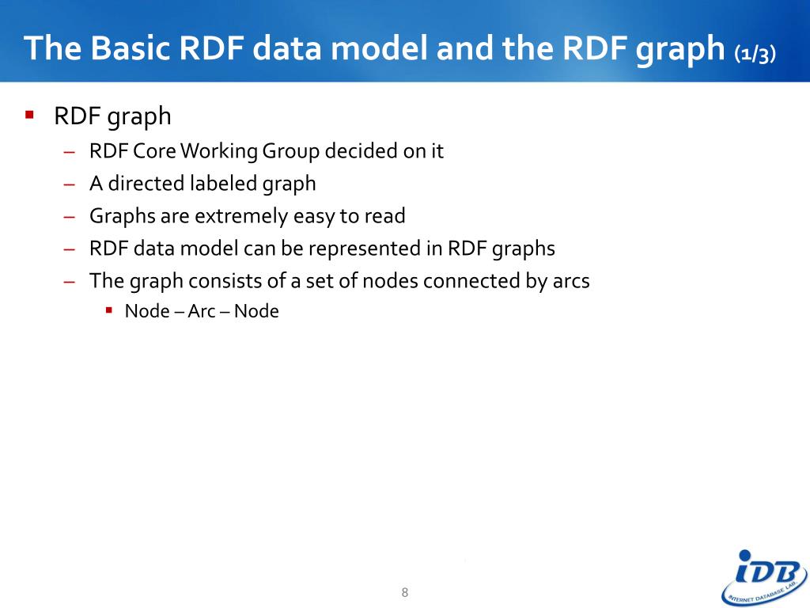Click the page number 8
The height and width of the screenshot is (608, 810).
point(405,592)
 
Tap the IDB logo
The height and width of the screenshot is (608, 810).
point(763,577)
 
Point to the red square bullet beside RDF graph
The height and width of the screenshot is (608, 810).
point(30,115)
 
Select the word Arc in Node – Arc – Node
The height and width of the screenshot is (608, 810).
point(202,311)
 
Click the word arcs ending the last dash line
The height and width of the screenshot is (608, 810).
point(567,280)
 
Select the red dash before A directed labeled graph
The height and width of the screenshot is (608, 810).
point(70,184)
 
